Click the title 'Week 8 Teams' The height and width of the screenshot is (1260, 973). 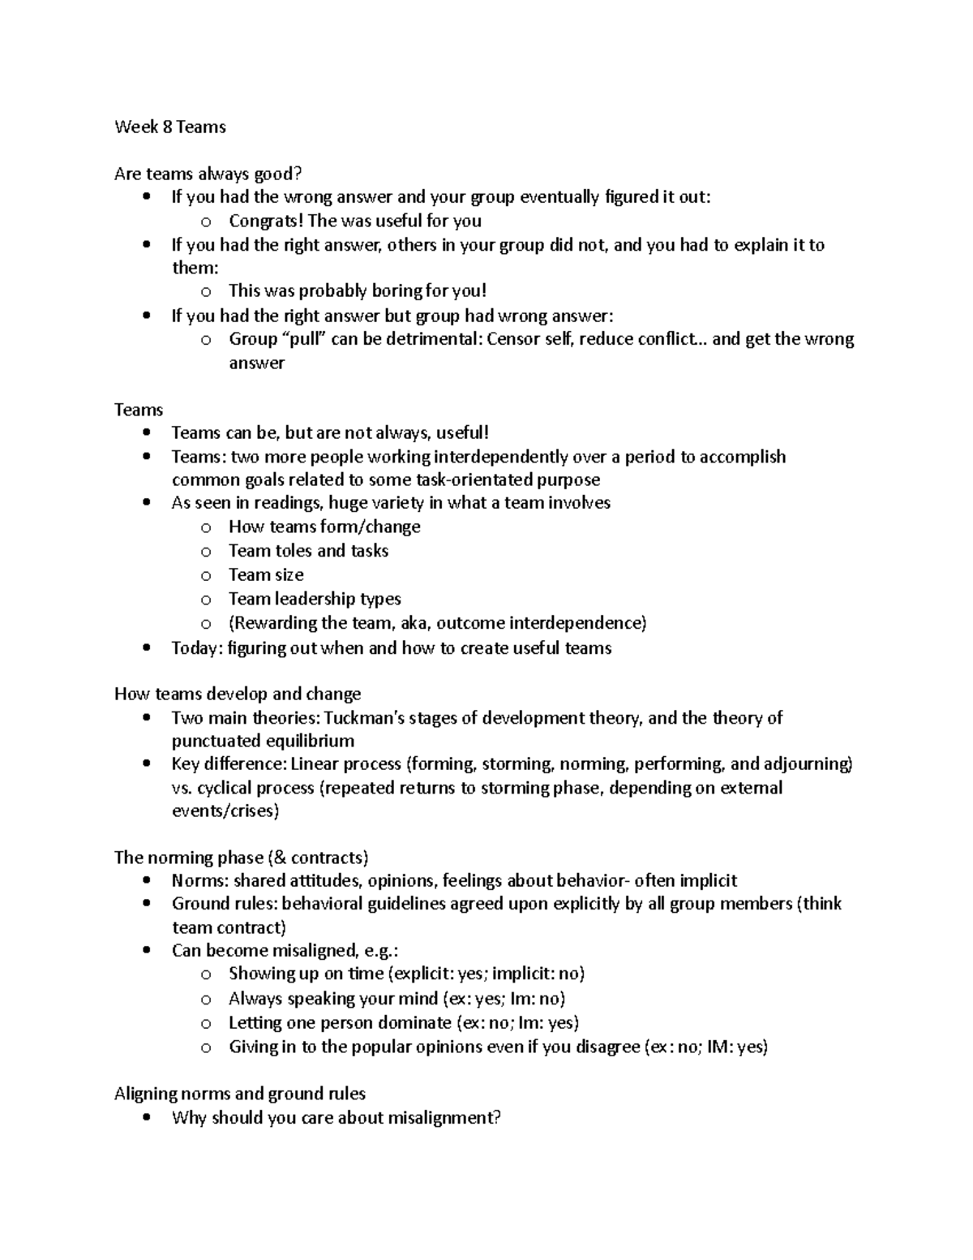coord(170,127)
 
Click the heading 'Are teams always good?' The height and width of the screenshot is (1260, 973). coord(208,174)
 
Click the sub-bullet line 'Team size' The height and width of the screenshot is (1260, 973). coord(266,574)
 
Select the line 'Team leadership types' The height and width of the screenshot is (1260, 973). coord(315,599)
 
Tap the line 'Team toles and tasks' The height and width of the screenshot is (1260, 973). coord(308,551)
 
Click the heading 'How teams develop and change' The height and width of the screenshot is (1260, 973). coord(238,695)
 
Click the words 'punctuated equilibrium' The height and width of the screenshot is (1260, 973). coord(263,741)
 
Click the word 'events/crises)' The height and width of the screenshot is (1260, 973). coord(225,811)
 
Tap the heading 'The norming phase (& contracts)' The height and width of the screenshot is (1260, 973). coord(242,858)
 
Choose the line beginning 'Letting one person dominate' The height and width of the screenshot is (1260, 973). coord(403,1022)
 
